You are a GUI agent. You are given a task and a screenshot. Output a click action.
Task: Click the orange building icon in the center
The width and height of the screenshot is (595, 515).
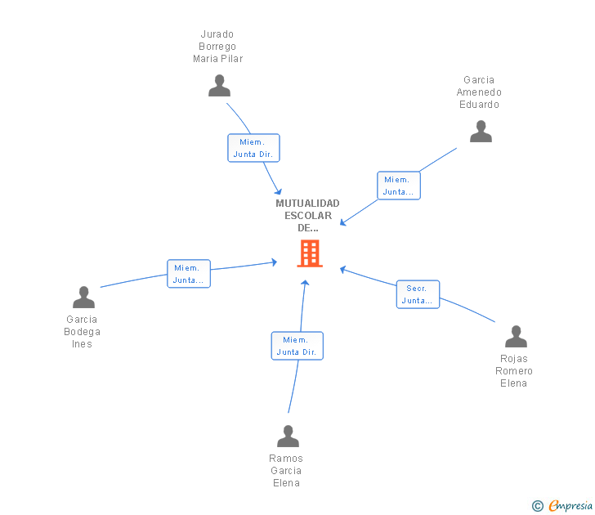(x=309, y=253)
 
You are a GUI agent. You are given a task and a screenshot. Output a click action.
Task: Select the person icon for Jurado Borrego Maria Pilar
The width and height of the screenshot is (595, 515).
(x=219, y=86)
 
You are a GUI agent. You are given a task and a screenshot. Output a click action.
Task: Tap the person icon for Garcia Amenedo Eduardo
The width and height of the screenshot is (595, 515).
(x=481, y=132)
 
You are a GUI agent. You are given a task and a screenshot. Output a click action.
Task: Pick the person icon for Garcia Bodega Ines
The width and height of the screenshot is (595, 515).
(x=83, y=298)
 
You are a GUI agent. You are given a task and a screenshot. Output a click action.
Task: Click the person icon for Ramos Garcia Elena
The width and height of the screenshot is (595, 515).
(x=288, y=437)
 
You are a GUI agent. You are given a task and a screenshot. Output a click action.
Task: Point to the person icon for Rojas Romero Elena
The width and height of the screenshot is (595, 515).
(x=516, y=337)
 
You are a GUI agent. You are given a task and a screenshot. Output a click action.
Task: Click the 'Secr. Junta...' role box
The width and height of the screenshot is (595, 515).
(x=418, y=294)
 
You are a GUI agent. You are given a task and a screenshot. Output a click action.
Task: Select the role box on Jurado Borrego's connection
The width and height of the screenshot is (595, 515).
(x=253, y=148)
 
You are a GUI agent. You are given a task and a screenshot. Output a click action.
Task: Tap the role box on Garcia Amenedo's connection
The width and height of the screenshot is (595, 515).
(x=398, y=186)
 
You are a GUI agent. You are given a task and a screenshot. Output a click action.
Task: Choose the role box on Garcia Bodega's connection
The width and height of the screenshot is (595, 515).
(x=189, y=274)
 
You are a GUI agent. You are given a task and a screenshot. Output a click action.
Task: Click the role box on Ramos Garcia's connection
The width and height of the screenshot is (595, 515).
(x=297, y=346)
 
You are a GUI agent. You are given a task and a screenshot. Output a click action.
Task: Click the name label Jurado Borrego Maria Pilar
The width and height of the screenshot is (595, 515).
(x=217, y=47)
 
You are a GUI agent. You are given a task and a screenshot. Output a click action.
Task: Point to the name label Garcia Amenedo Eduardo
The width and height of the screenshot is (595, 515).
(x=479, y=92)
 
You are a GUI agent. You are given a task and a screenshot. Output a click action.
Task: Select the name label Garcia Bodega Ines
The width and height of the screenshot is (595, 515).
(x=82, y=332)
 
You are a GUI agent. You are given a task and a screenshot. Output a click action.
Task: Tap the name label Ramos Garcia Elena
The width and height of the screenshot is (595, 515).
(x=286, y=471)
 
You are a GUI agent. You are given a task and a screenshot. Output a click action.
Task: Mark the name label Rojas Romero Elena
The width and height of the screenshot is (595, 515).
(x=513, y=371)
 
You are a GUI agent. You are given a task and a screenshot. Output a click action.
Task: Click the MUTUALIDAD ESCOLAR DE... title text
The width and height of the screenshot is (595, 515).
(x=307, y=216)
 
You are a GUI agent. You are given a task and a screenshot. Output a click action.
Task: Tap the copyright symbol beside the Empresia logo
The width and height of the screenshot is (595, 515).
(x=538, y=506)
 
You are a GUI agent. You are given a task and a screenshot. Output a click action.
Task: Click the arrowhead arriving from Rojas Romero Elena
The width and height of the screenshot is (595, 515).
(x=343, y=269)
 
